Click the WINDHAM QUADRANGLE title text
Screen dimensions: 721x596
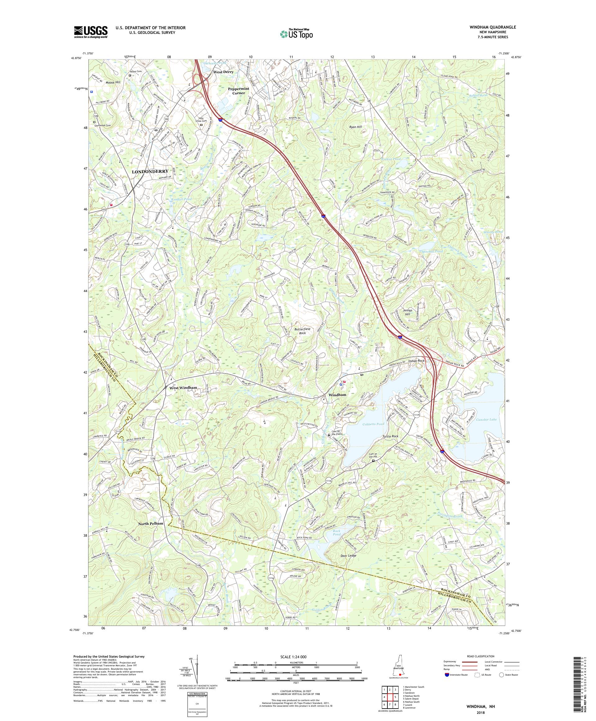pos(499,27)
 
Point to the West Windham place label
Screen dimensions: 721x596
pos(183,388)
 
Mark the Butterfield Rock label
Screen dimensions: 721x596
pos(302,331)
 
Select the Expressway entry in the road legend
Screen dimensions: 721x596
pos(452,662)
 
